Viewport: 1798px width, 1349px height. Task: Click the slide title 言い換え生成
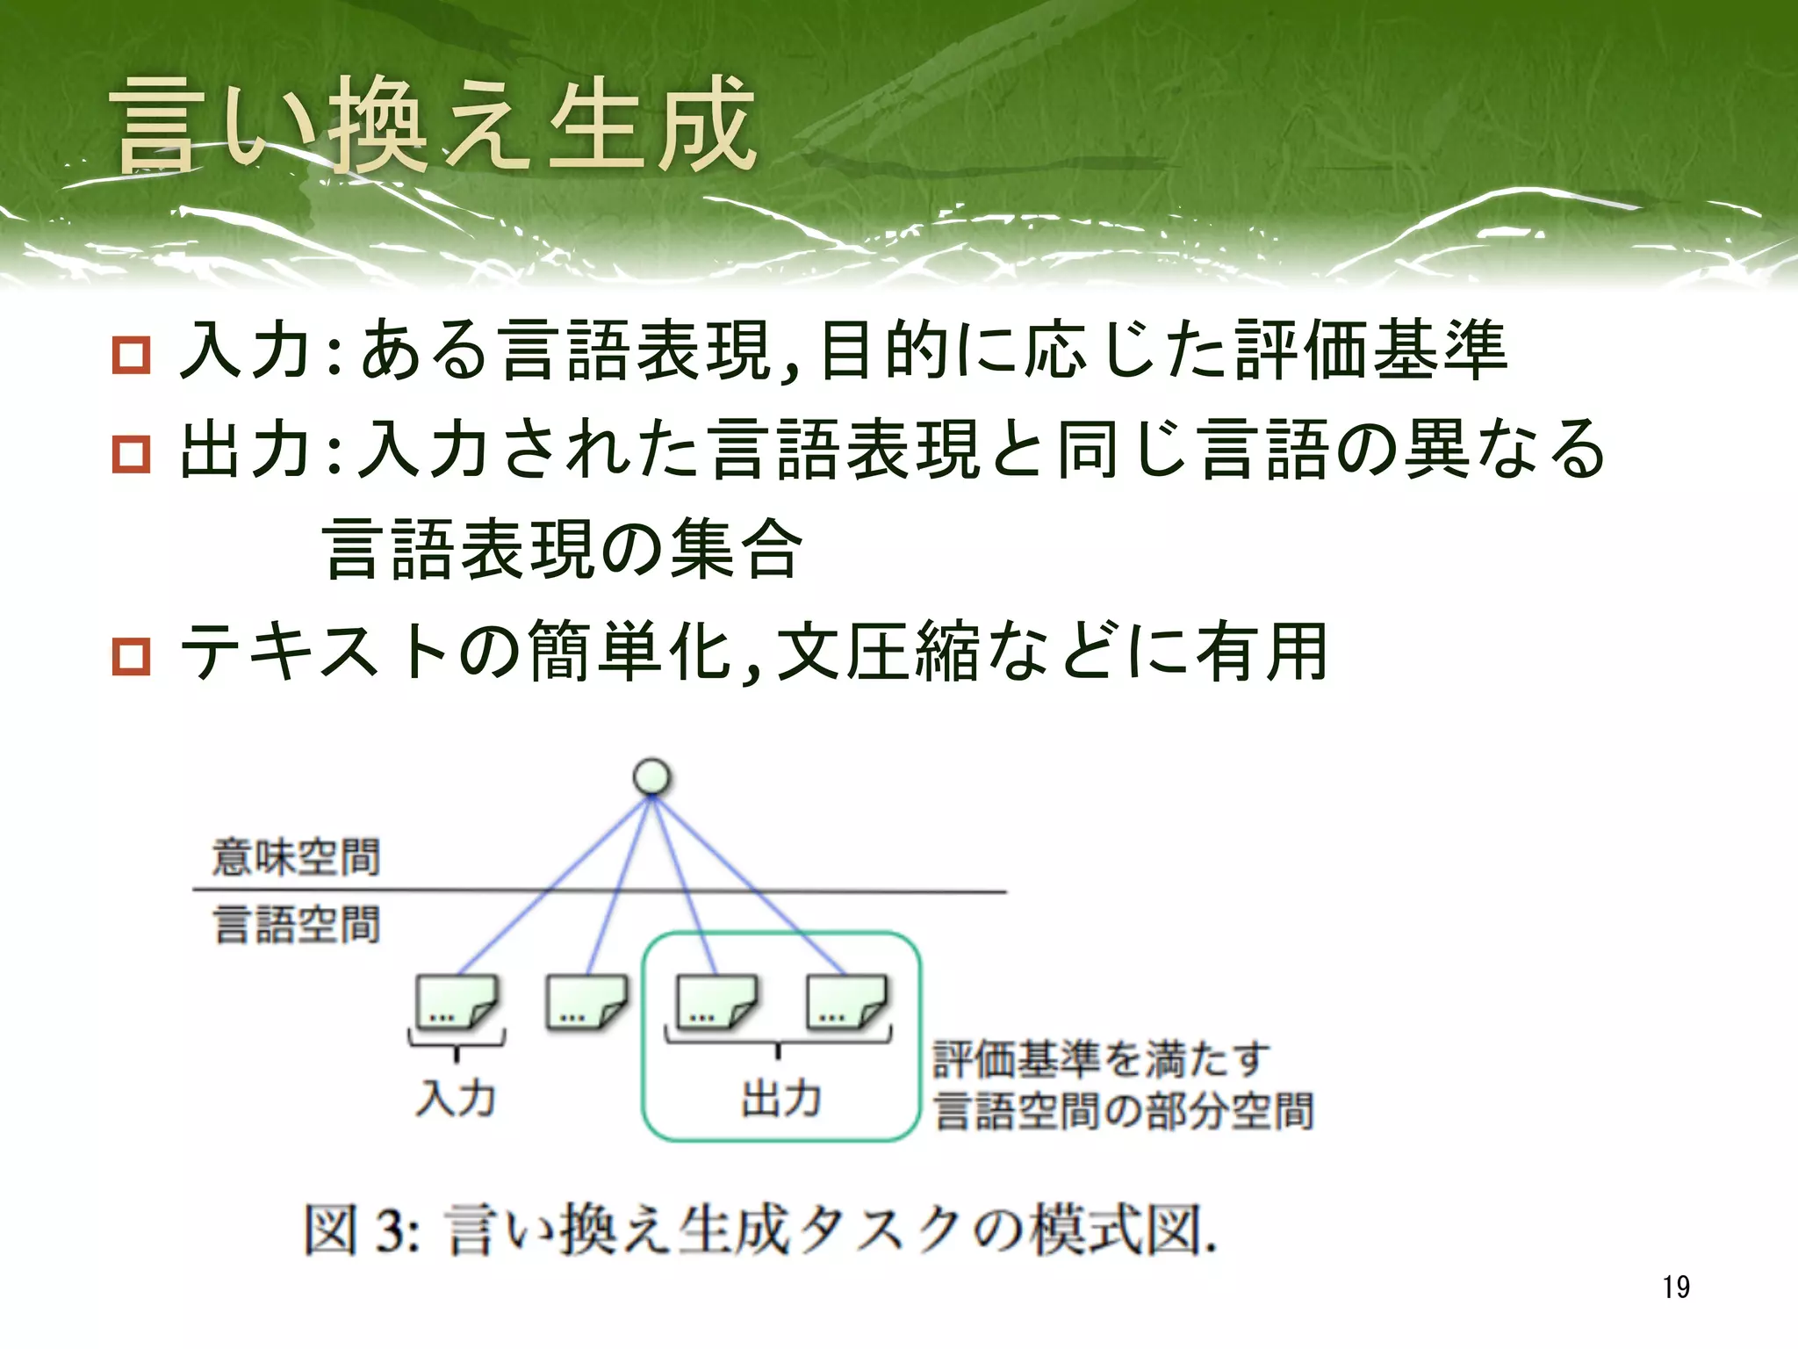[434, 125]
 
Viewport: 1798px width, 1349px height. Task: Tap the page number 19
[1675, 1287]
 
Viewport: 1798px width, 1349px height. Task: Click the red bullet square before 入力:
[132, 355]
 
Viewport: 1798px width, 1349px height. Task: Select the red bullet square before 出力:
[132, 454]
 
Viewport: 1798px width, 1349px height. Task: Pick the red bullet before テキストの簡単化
[132, 656]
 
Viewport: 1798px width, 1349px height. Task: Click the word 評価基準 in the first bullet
[1370, 350]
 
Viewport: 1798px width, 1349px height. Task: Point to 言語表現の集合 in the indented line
[562, 549]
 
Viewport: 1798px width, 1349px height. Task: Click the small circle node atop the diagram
[651, 777]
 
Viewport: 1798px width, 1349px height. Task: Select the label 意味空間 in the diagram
[296, 857]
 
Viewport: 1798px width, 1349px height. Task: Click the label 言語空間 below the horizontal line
[296, 925]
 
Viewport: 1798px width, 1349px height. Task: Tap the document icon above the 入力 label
[457, 1002]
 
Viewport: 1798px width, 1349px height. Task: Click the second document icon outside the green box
[586, 1002]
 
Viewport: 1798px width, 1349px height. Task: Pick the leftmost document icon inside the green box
[716, 1002]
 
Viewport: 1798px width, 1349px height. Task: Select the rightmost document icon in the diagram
[846, 1002]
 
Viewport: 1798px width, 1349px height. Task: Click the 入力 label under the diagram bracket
[456, 1098]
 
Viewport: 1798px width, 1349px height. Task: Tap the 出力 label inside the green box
[780, 1098]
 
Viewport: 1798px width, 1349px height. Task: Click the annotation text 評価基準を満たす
[1101, 1058]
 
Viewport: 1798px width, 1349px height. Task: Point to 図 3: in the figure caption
[361, 1230]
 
